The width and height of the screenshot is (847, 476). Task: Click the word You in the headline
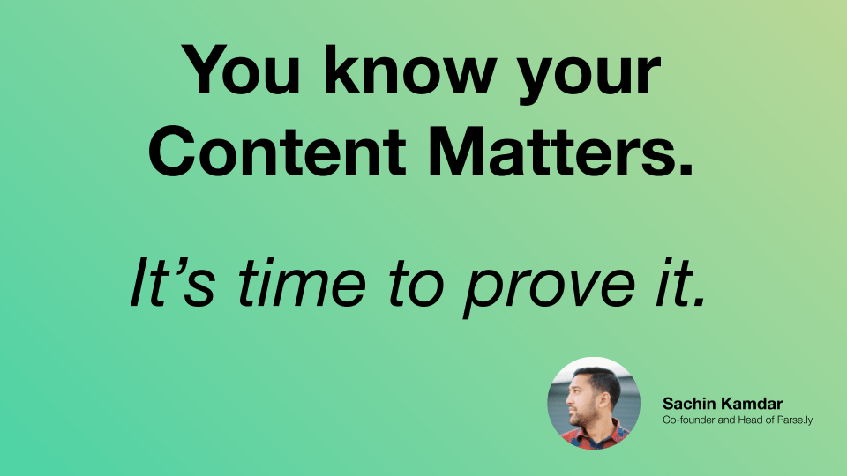coord(240,71)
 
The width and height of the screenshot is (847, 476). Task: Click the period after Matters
coord(685,170)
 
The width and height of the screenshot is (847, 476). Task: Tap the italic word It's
coord(173,282)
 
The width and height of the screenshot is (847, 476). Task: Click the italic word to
coord(416,285)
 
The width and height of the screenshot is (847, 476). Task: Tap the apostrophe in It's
coord(178,264)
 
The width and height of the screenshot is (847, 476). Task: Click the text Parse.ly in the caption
coord(795,420)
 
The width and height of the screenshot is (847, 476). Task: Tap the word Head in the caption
coord(751,420)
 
